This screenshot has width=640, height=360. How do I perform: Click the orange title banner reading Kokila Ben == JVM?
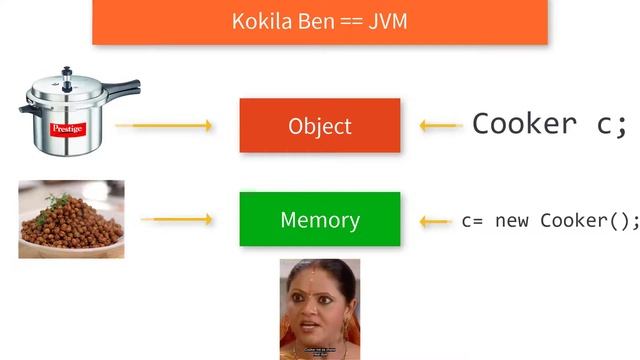pyautogui.click(x=320, y=21)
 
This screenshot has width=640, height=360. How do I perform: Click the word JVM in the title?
pyautogui.click(x=388, y=21)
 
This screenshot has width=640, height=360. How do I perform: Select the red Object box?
pyautogui.click(x=320, y=126)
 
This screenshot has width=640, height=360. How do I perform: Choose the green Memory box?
pyautogui.click(x=320, y=219)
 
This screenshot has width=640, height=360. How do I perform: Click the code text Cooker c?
pyautogui.click(x=549, y=124)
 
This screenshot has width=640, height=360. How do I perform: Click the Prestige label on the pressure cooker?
pyautogui.click(x=68, y=129)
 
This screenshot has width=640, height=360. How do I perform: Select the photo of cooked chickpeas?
pyautogui.click(x=71, y=219)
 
